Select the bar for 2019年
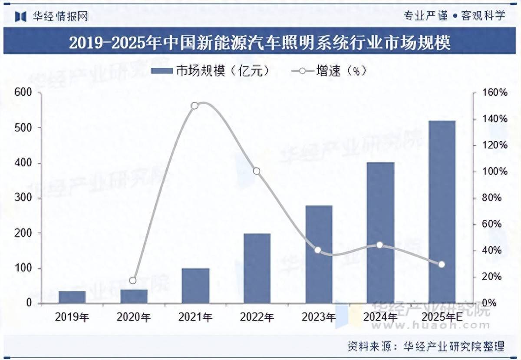tap(72, 297)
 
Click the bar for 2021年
tap(195, 286)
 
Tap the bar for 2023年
tap(319, 254)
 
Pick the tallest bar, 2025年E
tap(442, 212)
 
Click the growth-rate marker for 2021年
tap(195, 106)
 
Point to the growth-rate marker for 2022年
tap(257, 171)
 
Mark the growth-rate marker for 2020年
tap(133, 281)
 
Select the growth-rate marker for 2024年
tap(380, 245)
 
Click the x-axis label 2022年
tap(257, 317)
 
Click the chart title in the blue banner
tap(260, 43)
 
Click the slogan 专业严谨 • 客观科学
tap(455, 16)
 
